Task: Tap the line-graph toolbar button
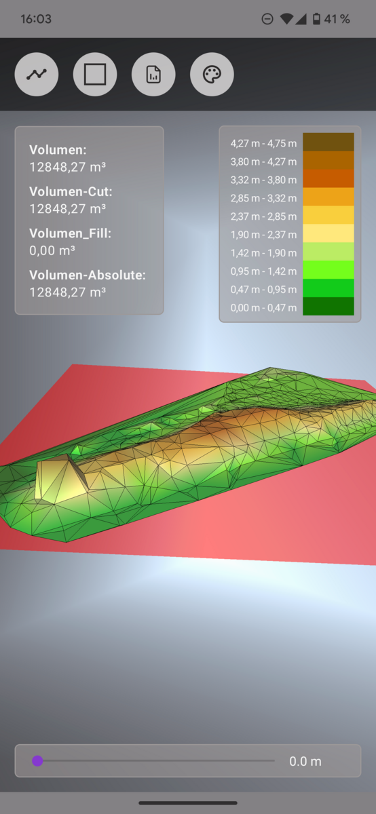37,75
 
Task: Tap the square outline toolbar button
95,75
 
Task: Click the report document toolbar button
153,75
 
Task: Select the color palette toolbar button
212,75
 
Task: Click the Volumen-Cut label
71,191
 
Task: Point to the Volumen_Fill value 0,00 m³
52,250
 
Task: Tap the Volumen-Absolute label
88,275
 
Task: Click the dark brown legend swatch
328,142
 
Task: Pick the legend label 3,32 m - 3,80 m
263,180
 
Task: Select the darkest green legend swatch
328,306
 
